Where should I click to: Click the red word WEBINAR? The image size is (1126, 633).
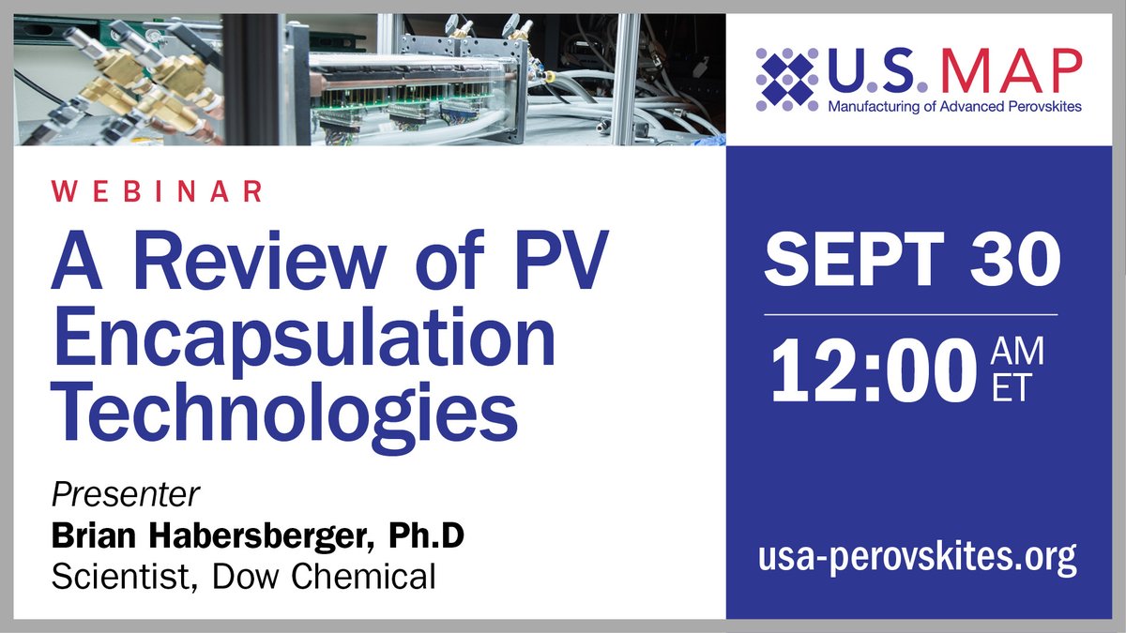pyautogui.click(x=157, y=192)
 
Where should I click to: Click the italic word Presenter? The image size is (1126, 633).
pyautogui.click(x=127, y=495)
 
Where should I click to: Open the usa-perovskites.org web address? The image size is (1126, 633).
pyautogui.click(x=917, y=558)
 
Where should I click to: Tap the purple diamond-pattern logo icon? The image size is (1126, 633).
pyautogui.click(x=787, y=78)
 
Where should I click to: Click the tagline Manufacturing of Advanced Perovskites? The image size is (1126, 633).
pyautogui.click(x=954, y=107)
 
